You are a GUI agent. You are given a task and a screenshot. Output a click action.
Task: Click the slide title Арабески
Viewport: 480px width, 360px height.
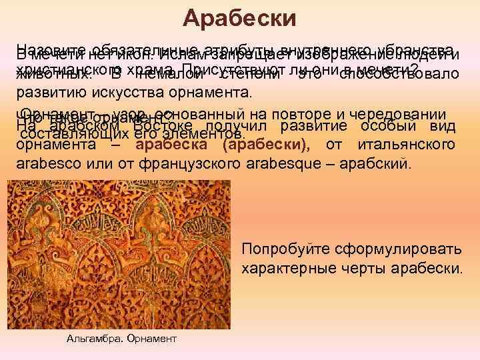(x=240, y=18)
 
